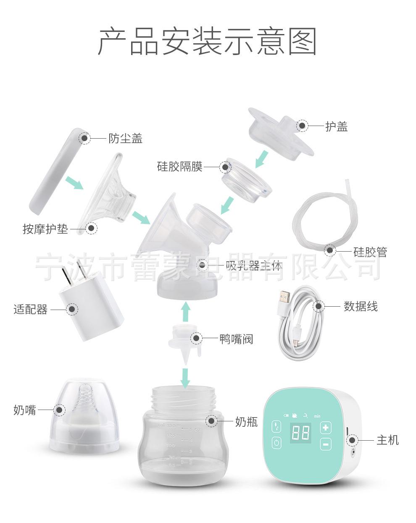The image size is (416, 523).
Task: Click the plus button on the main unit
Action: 326,428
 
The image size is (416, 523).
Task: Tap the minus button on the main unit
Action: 326,444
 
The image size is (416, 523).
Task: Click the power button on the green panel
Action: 276,443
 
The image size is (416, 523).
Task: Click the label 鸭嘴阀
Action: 236,339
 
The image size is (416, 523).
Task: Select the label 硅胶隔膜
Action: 180,167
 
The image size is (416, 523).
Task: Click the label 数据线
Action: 361,306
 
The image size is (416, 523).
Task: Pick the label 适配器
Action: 30,310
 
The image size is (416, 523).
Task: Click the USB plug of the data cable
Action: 285,297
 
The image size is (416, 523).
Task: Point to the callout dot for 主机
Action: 351,440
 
